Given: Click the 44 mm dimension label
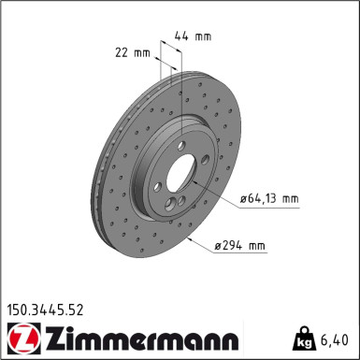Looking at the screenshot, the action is [193, 36].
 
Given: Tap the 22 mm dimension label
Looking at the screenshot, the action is [133, 52].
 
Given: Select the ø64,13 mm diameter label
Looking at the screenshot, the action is [269, 198].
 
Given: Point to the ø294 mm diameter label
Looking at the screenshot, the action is [240, 246].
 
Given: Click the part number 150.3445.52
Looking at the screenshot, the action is [46, 310].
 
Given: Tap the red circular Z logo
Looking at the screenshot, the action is [23, 338].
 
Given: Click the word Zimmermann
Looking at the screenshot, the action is [143, 338].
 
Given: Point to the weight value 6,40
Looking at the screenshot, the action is [334, 339].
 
